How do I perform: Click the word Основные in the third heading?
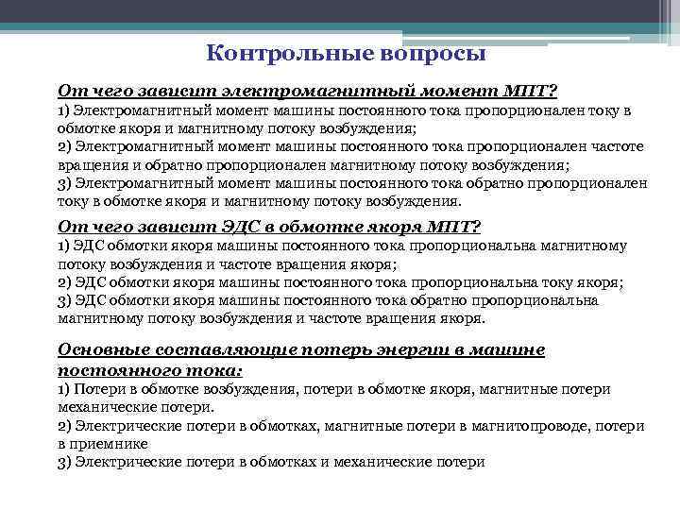click(100, 350)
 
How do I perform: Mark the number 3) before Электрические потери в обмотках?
click(65, 463)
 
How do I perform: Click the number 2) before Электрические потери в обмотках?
click(65, 427)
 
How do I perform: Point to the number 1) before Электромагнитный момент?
click(65, 111)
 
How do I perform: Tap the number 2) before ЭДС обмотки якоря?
click(65, 282)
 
